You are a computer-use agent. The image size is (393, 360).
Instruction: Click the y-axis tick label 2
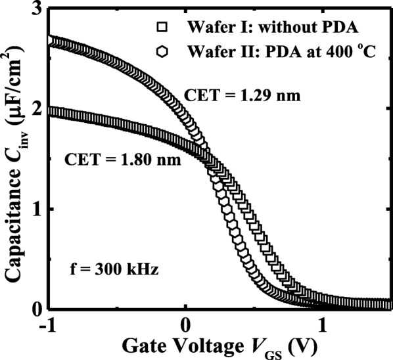tap(37, 110)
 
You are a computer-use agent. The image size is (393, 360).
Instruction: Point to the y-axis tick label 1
tap(37, 210)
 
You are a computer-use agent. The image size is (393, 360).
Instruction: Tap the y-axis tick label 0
tap(37, 309)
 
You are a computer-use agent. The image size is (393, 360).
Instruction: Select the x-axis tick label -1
tap(45, 326)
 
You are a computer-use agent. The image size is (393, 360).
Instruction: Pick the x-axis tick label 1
tap(323, 326)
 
